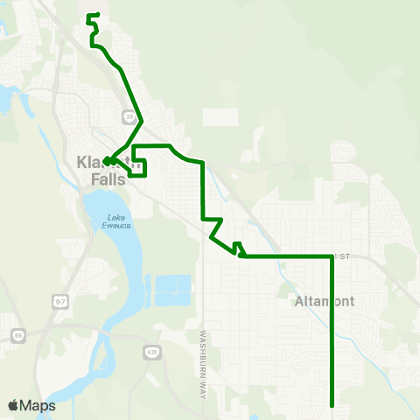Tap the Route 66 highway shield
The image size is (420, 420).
pos(18,335)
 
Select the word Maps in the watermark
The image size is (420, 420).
pos(38,405)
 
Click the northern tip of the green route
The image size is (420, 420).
pos(97,14)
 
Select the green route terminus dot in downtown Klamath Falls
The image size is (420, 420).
pos(106,160)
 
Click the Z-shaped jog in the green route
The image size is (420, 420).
pos(213,227)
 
